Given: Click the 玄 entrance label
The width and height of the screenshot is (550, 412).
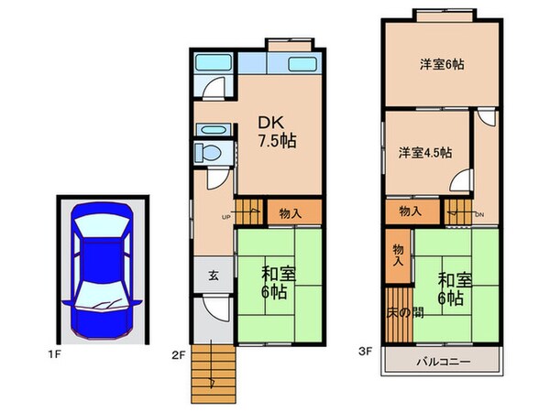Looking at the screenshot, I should (x=212, y=275).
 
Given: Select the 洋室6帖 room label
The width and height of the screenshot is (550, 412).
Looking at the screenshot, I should (x=442, y=64).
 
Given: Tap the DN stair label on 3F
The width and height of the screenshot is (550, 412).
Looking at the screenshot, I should (x=478, y=216).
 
